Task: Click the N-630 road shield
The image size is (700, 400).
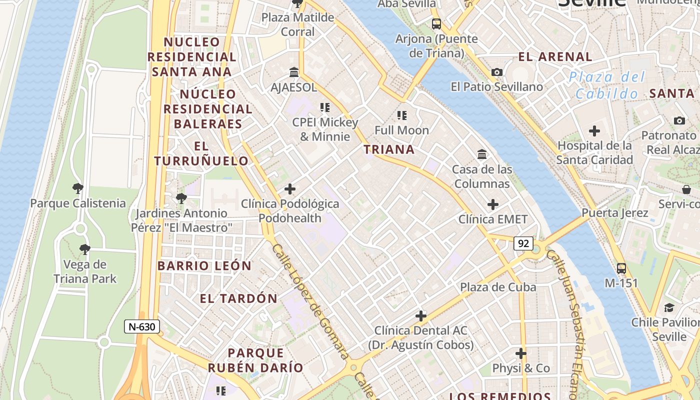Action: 142,327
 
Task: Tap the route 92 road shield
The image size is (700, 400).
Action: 523,243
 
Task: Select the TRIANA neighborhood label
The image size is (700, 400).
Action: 389,149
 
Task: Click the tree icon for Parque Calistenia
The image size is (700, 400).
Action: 77,188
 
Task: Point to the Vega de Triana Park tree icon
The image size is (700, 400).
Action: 84,249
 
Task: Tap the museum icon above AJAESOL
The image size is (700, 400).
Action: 294,72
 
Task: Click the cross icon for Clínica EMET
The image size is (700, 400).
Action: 493,204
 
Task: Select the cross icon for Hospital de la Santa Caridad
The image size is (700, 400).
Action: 594,131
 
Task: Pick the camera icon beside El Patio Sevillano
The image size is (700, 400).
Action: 496,72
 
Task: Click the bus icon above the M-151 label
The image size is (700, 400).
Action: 621,268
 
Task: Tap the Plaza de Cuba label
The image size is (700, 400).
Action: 498,287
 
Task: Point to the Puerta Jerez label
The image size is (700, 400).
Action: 614,212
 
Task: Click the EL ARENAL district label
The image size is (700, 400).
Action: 555,56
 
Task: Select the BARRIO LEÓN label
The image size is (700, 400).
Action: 204,266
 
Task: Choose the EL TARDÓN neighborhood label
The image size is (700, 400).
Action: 238,299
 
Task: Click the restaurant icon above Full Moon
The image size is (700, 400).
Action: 401,115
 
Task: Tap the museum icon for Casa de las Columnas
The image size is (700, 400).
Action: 482,154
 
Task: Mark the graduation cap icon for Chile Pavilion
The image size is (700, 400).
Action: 668,307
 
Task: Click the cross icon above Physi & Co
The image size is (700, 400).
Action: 521,353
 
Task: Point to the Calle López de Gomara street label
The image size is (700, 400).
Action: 309,301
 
